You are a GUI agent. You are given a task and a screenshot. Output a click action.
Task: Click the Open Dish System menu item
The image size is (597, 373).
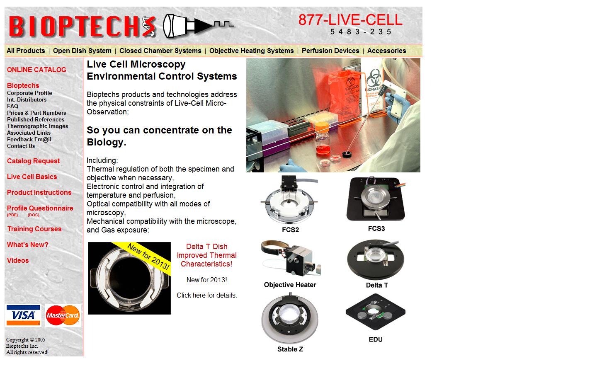pos(82,51)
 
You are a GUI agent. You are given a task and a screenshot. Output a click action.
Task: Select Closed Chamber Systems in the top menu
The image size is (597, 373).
pos(160,51)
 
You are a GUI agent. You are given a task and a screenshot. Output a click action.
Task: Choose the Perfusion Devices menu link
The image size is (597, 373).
pos(330,51)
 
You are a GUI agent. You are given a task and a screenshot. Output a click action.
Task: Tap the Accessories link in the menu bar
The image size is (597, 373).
pos(386,51)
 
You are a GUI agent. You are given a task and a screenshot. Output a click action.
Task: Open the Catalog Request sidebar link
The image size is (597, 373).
pos(33,161)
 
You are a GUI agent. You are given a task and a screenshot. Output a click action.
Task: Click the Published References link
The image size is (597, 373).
pos(36,120)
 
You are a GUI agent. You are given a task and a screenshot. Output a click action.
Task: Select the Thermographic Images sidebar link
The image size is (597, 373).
pos(37,126)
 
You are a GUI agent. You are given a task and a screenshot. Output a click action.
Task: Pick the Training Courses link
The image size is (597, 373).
pos(34,229)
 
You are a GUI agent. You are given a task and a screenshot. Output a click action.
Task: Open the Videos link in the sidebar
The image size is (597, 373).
pos(18,261)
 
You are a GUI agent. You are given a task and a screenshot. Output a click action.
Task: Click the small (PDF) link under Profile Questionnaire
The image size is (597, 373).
pos(12,215)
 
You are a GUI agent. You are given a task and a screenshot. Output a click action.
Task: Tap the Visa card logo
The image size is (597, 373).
pos(23,315)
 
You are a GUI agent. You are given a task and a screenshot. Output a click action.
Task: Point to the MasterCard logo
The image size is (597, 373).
pos(63,316)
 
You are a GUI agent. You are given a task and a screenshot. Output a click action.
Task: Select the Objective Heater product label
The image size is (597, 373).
pos(290,285)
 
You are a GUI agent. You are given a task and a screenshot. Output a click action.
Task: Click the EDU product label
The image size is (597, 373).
pos(376,340)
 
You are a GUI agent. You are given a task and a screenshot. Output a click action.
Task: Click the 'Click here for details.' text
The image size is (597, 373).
pos(206,295)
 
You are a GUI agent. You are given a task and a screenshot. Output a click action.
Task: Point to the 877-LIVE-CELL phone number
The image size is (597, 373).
pos(350,20)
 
